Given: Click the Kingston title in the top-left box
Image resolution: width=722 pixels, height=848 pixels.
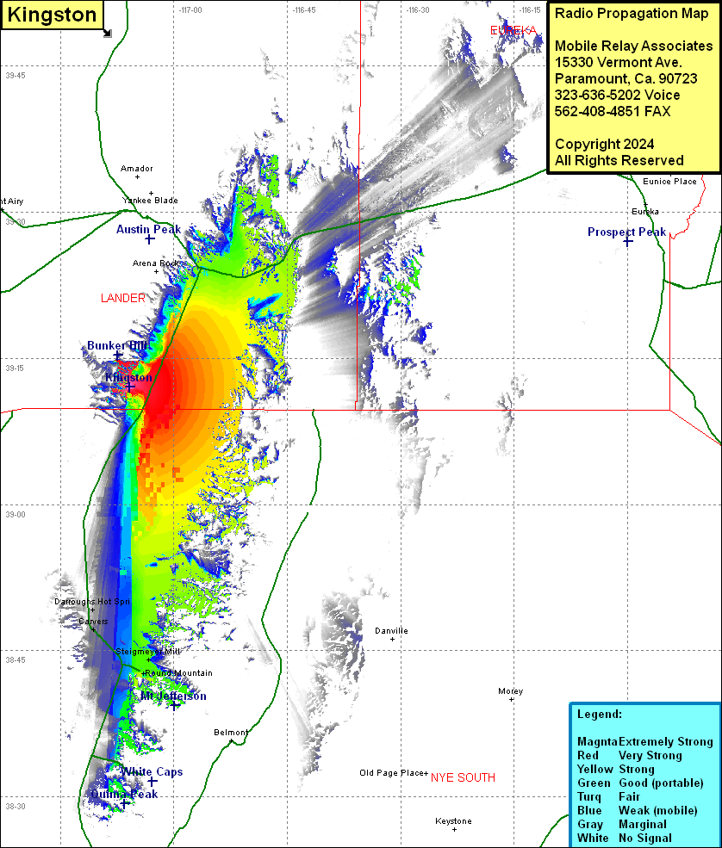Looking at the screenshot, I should [x=52, y=15].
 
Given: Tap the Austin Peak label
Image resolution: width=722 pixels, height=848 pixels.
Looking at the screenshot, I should [x=148, y=229].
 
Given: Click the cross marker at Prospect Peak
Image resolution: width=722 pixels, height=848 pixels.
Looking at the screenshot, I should [x=628, y=242].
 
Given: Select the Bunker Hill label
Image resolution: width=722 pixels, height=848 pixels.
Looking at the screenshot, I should [x=118, y=345].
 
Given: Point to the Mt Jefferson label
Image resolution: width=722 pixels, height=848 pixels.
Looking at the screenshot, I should [x=173, y=696].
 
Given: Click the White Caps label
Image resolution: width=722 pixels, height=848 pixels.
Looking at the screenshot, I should [x=152, y=771].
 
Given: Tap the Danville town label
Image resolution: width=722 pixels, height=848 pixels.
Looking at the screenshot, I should [x=391, y=631].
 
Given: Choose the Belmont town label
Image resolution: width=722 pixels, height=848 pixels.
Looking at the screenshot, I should [x=231, y=733].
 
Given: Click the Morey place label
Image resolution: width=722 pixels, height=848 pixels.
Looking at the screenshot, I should [x=510, y=691].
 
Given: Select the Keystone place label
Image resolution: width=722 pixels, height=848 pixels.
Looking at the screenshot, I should [x=453, y=821].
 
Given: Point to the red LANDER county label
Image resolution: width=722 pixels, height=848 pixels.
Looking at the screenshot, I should [x=122, y=299].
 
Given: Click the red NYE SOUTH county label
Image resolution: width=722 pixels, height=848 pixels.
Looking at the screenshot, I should [x=463, y=777].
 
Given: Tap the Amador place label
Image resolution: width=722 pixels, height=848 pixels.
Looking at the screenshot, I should [x=137, y=169].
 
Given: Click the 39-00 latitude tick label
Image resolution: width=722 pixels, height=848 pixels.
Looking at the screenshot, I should [x=16, y=514].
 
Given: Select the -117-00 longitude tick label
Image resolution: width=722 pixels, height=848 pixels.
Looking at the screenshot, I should [x=191, y=9].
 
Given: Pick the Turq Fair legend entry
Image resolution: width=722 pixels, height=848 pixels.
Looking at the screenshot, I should [x=614, y=796].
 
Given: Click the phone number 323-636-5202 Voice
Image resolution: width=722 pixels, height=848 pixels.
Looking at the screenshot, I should [x=617, y=95].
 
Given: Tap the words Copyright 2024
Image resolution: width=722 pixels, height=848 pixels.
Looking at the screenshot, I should [x=604, y=144].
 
